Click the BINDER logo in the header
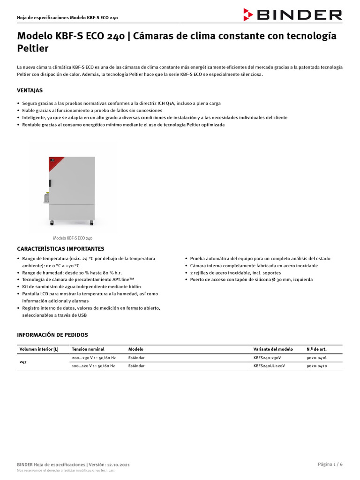[x=292, y=15]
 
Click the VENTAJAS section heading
[x=30, y=90]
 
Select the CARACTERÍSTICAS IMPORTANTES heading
[x=60, y=248]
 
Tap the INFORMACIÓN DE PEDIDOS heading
[x=52, y=335]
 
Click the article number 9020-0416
[x=316, y=358]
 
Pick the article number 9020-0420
[x=316, y=366]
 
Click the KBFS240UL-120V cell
[x=269, y=366]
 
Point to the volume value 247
[x=23, y=362]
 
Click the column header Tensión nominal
[x=88, y=349]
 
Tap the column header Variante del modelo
[x=273, y=349]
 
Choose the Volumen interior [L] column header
[x=39, y=349]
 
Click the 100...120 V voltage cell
[x=93, y=366]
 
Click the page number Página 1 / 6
[x=330, y=464]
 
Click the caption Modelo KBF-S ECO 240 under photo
[x=73, y=238]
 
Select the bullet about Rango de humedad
[x=72, y=273]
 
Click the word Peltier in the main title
[x=33, y=48]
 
